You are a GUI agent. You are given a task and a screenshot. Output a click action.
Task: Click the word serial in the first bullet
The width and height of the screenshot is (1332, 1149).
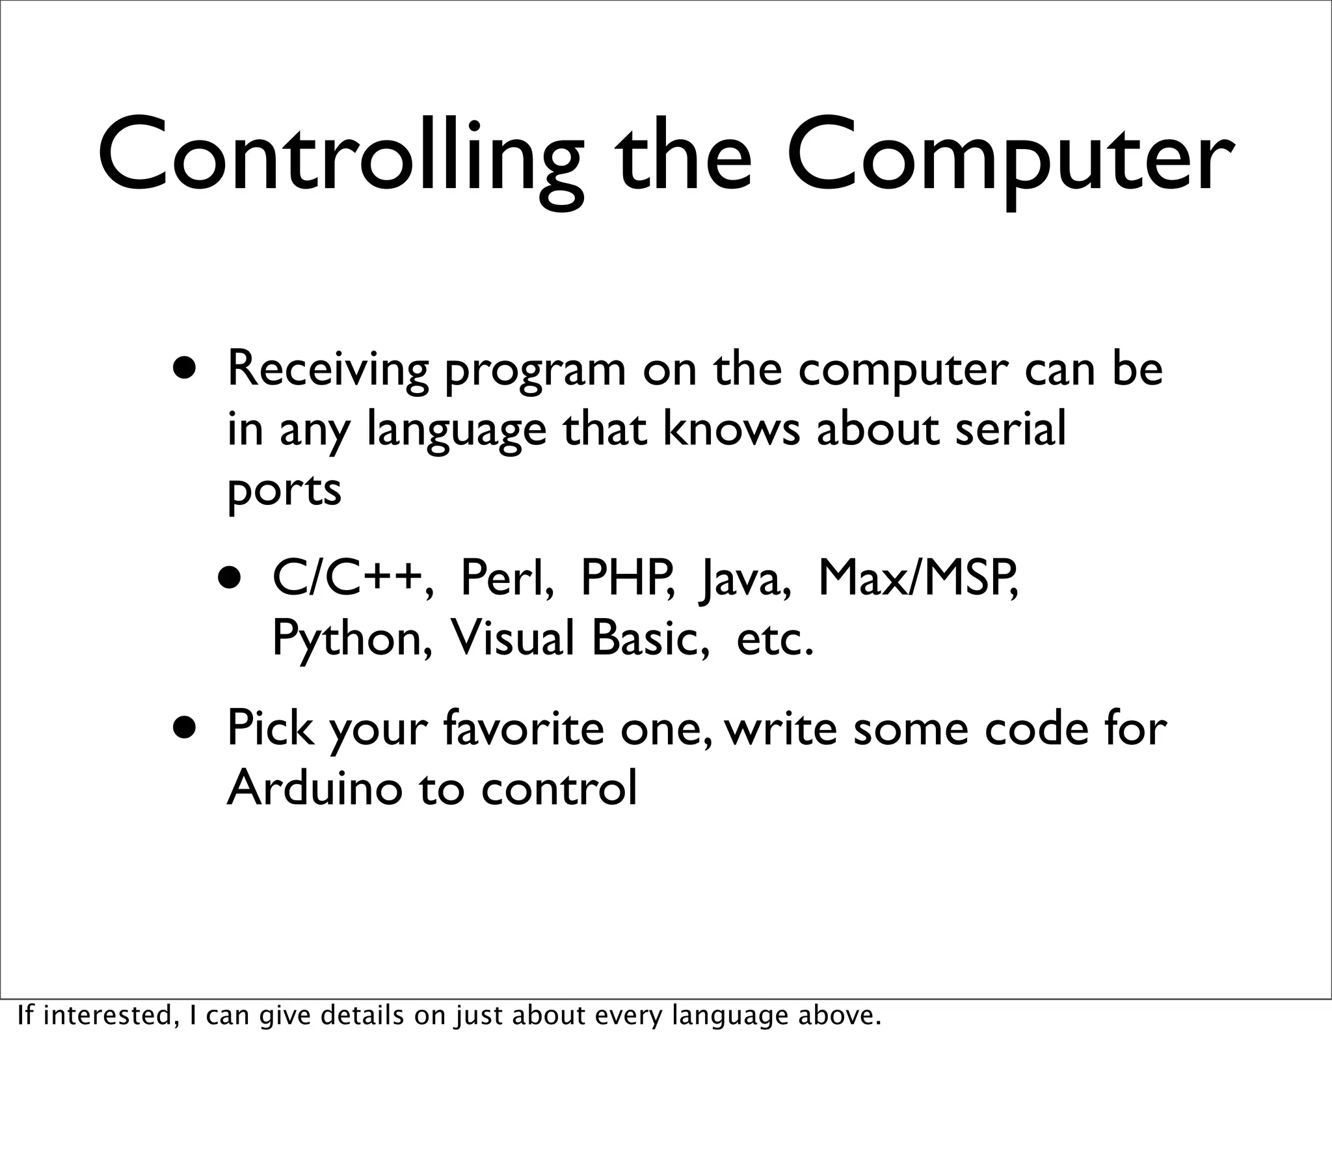(1011, 429)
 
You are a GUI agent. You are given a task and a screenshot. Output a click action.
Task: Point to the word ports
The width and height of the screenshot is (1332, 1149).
(284, 491)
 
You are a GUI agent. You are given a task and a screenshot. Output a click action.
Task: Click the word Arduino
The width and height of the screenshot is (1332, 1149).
(312, 788)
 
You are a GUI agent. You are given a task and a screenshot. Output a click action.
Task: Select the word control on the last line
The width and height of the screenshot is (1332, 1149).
(559, 788)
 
